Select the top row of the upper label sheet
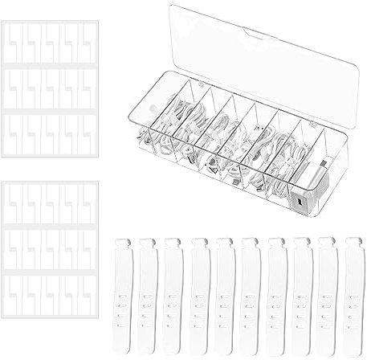[x=50, y=40]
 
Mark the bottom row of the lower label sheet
[x=50, y=297]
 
